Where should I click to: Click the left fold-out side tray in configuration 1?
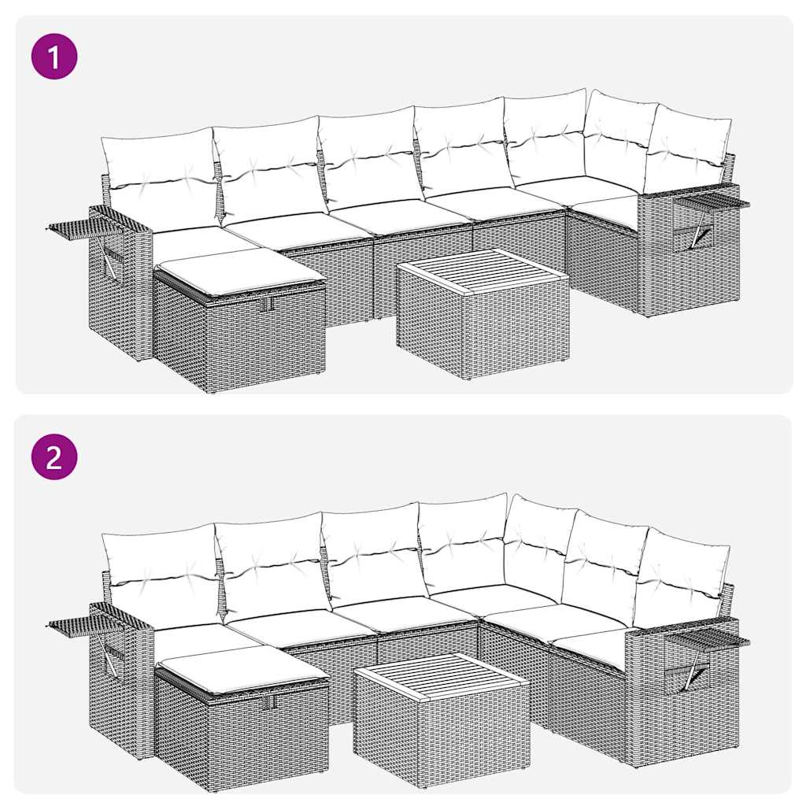pos(79,229)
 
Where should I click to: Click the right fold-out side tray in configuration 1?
pos(712,203)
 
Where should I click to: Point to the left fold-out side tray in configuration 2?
pos(79,626)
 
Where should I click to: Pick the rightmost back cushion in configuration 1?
pos(686,150)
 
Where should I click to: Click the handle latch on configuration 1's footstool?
pos(267,304)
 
